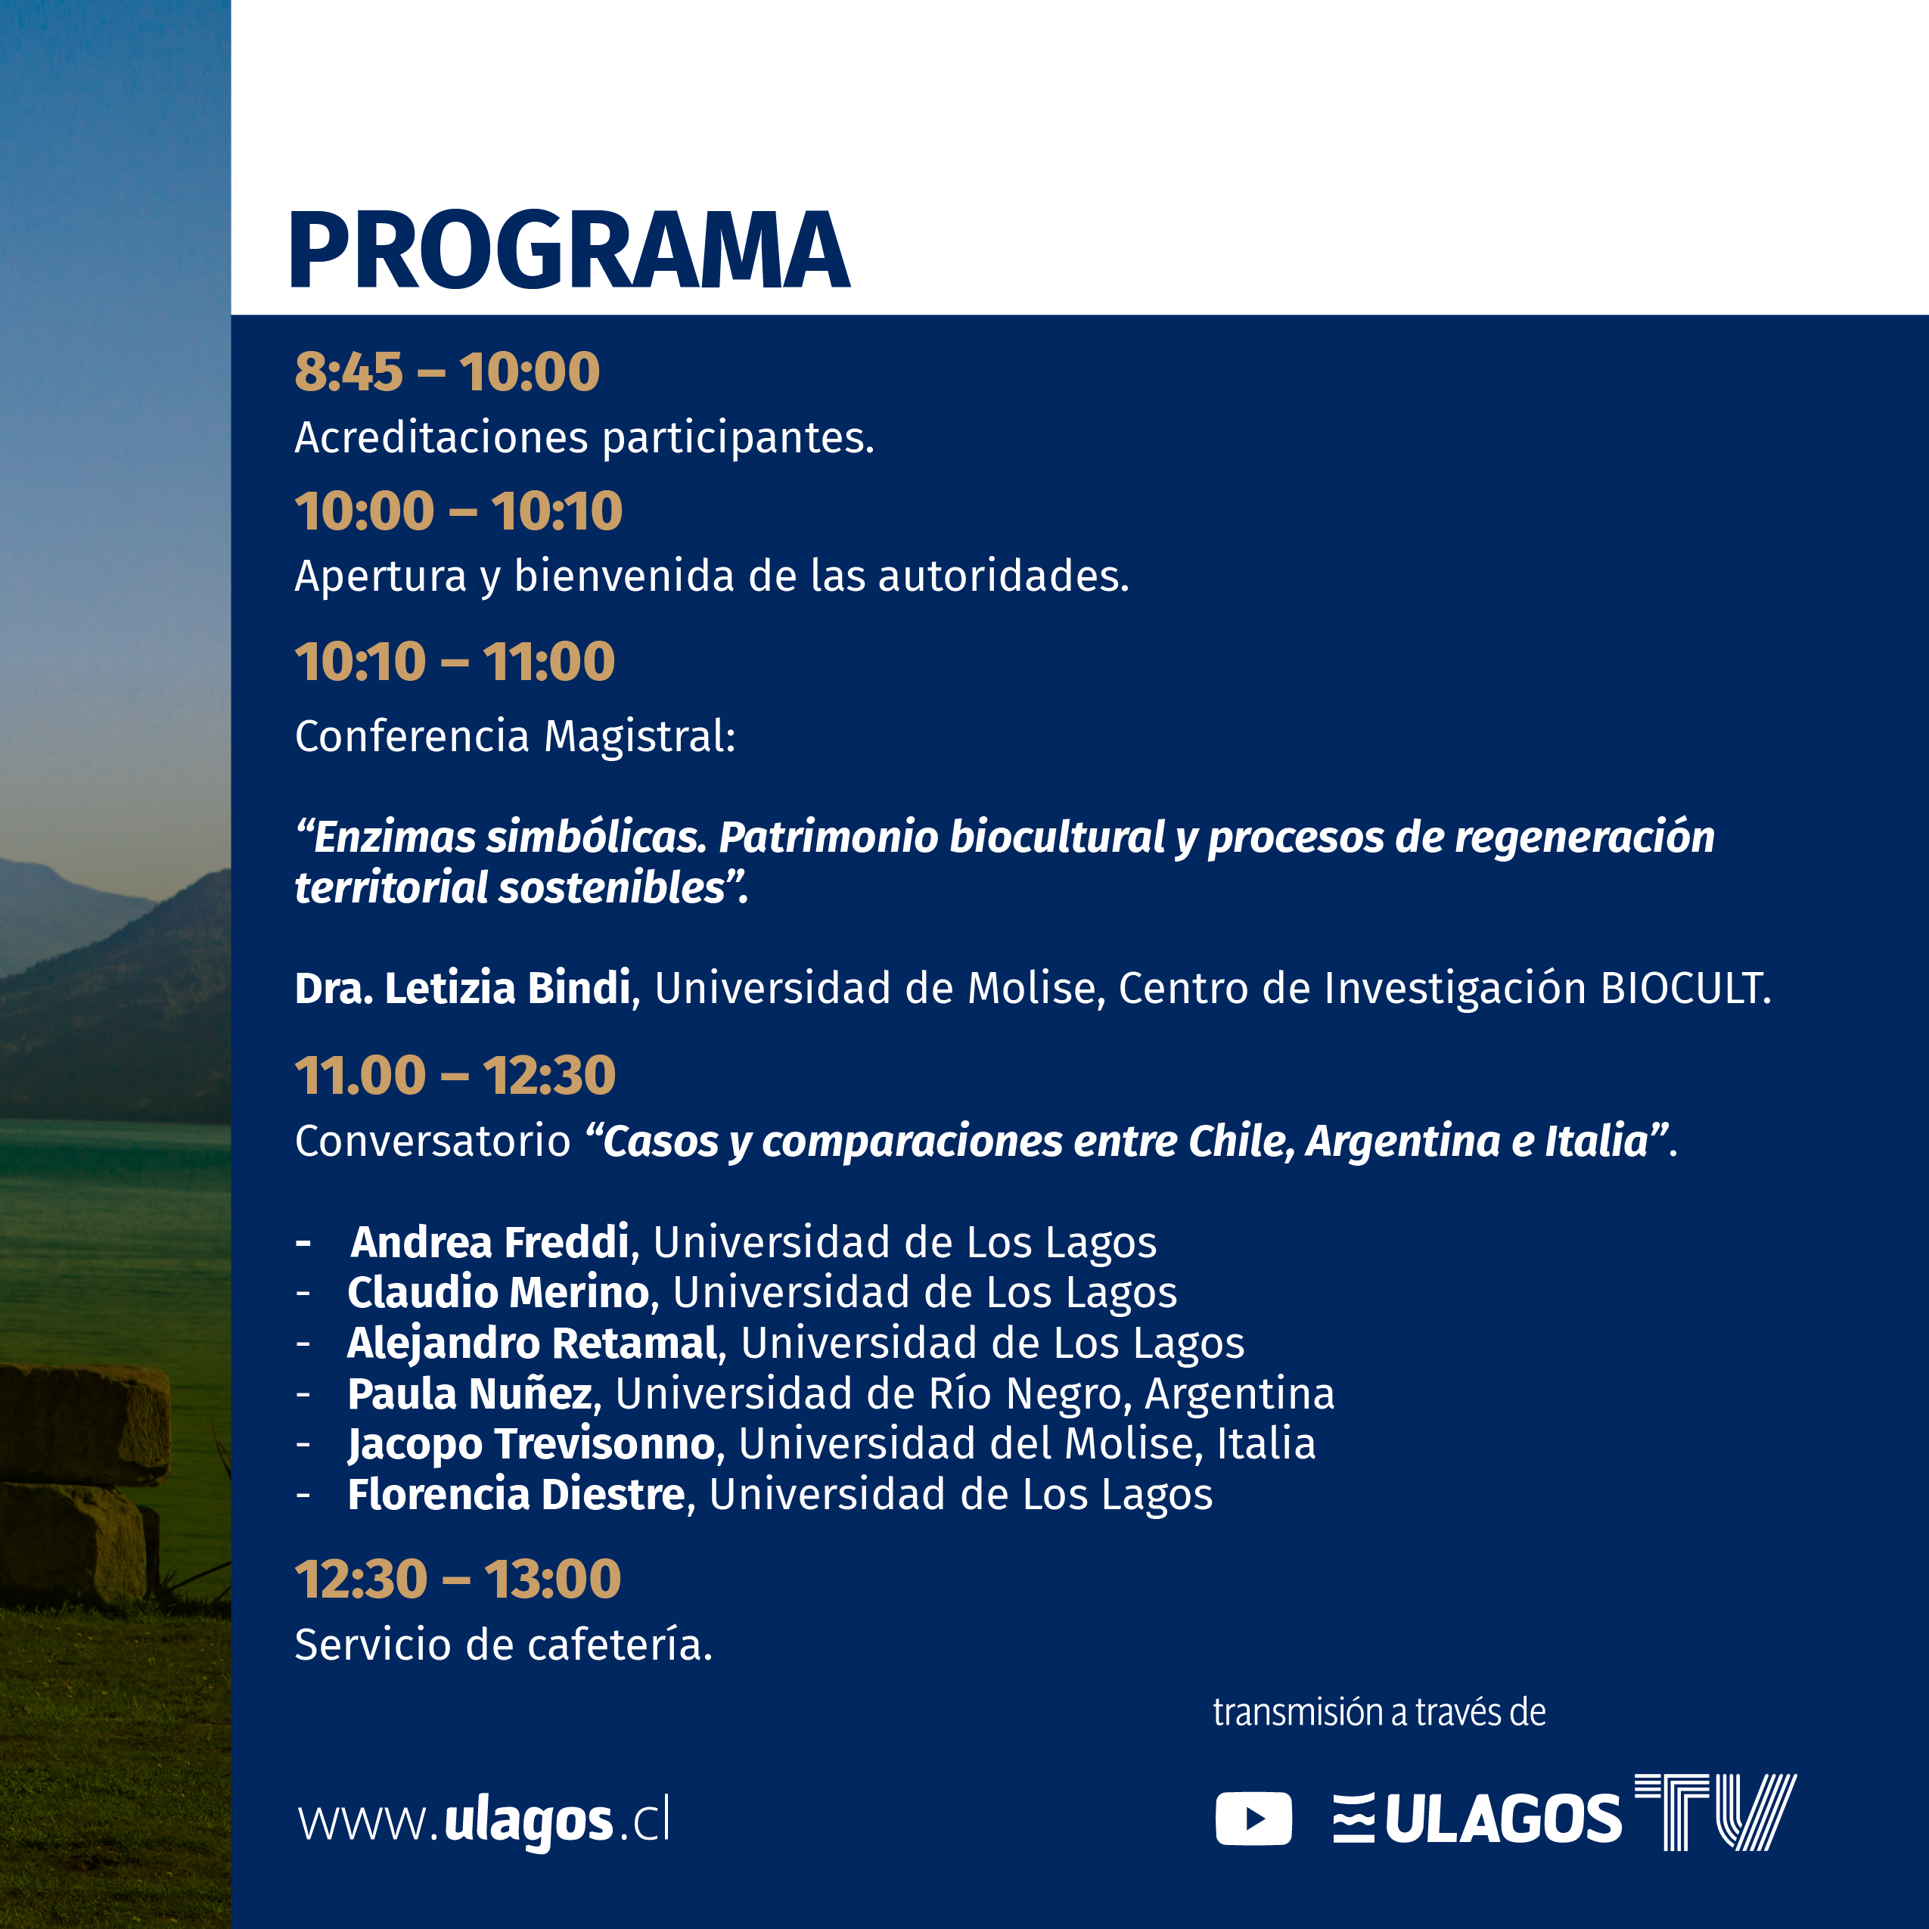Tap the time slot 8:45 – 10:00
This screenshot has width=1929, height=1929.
(x=447, y=371)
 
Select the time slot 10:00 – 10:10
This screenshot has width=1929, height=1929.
(x=458, y=511)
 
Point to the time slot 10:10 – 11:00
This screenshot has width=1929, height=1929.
(x=455, y=661)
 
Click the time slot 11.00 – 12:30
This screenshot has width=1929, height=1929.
(x=455, y=1076)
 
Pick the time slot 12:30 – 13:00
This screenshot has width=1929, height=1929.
(x=458, y=1579)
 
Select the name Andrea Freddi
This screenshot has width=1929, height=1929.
(x=489, y=1242)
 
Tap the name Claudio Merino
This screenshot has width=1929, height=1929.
(x=499, y=1292)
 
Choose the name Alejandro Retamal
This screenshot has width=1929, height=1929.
(x=532, y=1343)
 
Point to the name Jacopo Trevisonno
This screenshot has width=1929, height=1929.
(x=531, y=1444)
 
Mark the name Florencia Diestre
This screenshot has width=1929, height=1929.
(x=516, y=1495)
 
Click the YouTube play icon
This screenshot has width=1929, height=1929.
(x=1253, y=1819)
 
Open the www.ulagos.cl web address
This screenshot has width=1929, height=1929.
(x=483, y=1820)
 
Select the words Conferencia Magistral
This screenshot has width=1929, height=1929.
(x=514, y=736)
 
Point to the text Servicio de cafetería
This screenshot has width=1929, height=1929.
(x=503, y=1645)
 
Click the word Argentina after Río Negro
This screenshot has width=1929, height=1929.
(x=1239, y=1395)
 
